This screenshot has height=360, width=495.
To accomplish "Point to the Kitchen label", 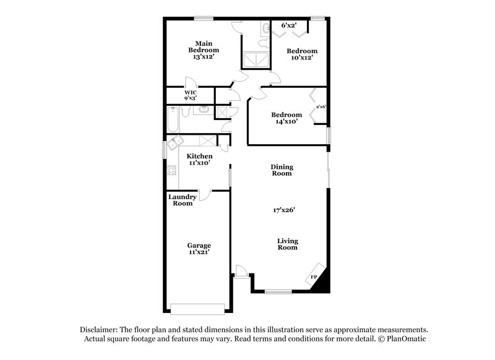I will (200, 156).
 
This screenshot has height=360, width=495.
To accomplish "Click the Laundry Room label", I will (183, 200).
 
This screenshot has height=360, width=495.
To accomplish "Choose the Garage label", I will (199, 245).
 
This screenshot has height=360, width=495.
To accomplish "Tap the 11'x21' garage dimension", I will (199, 252).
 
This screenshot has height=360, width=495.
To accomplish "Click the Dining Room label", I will (282, 170).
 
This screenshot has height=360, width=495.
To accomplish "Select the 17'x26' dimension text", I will (283, 210).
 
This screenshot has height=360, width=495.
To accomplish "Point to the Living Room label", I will (287, 244).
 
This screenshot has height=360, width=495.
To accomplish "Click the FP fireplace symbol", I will (314, 276).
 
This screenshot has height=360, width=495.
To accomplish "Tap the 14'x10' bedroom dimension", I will (286, 122).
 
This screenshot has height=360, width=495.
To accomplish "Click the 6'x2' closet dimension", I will (290, 25).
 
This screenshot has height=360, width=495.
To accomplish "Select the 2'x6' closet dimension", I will (321, 106).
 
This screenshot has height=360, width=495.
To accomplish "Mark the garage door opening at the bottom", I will (198, 309).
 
